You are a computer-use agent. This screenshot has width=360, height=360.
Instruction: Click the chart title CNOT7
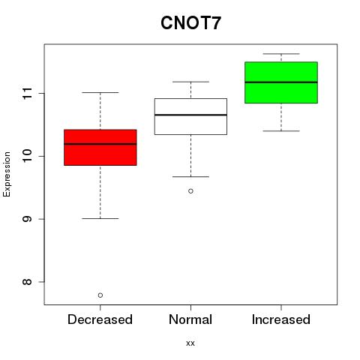pyautogui.click(x=190, y=22)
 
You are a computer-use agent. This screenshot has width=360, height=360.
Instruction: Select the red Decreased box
pyautogui.click(x=100, y=147)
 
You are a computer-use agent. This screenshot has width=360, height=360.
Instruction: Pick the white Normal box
pyautogui.click(x=190, y=116)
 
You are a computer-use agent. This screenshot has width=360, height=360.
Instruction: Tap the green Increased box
pyautogui.click(x=281, y=82)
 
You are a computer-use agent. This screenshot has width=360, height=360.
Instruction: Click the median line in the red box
pyautogui.click(x=100, y=144)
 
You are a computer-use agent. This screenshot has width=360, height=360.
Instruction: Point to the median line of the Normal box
pyautogui.click(x=190, y=115)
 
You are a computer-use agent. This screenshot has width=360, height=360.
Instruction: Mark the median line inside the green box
pyautogui.click(x=281, y=82)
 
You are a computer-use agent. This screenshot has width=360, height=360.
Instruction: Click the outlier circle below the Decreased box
pyautogui.click(x=100, y=295)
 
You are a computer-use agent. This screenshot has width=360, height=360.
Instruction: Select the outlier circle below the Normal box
pyautogui.click(x=190, y=191)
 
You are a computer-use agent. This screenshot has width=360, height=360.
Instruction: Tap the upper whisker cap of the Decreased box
pyautogui.click(x=100, y=92)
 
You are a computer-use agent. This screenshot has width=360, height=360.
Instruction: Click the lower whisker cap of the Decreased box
pyautogui.click(x=100, y=218)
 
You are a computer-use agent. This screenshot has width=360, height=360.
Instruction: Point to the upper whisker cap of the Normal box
pyautogui.click(x=190, y=82)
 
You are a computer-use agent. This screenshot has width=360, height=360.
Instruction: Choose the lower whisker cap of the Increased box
pyautogui.click(x=281, y=130)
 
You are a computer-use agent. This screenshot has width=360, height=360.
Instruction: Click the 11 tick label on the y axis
pyautogui.click(x=27, y=94)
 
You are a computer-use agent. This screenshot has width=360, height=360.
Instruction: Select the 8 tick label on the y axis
pyautogui.click(x=27, y=282)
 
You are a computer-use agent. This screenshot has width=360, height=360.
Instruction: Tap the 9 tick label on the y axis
pyautogui.click(x=27, y=219)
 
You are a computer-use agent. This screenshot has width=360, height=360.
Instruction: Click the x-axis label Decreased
pyautogui.click(x=100, y=319)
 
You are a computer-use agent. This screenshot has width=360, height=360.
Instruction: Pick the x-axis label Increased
pyautogui.click(x=281, y=319)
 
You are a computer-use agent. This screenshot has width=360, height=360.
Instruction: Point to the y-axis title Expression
pyautogui.click(x=7, y=174)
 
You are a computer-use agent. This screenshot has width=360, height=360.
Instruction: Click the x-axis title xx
pyautogui.click(x=190, y=343)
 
